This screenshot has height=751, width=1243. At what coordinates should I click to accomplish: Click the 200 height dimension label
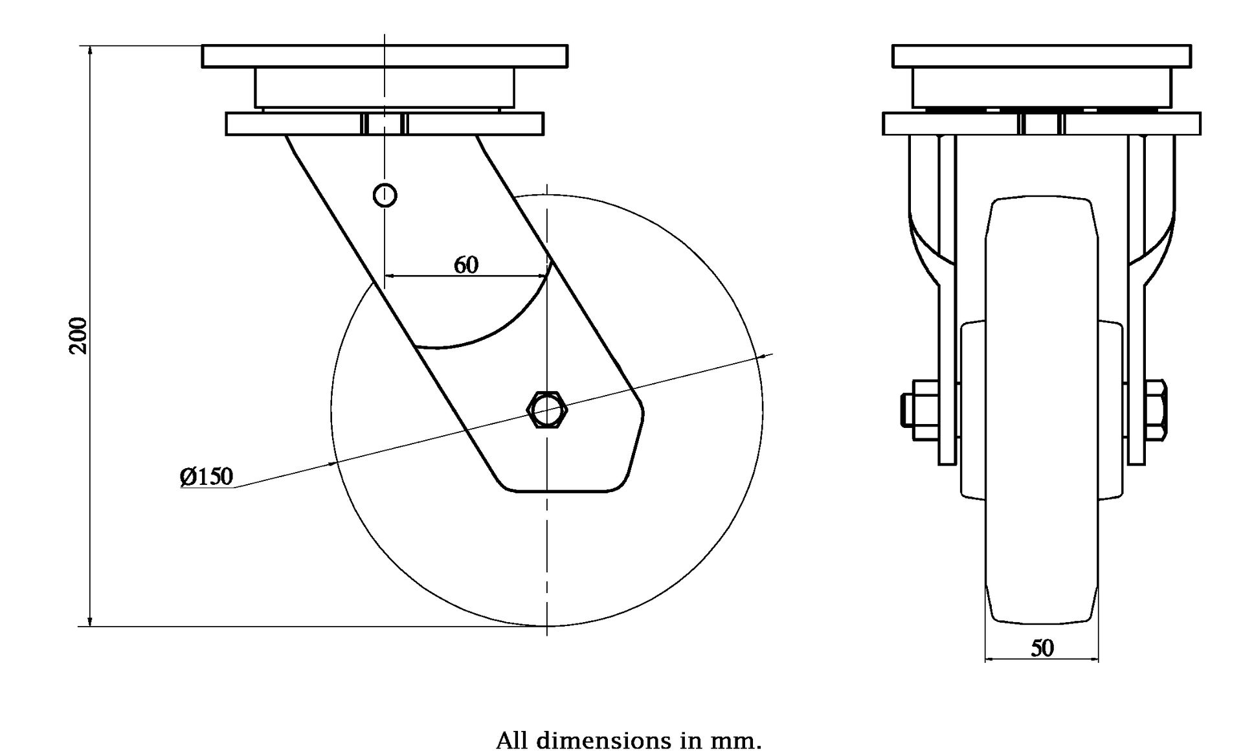[78, 335]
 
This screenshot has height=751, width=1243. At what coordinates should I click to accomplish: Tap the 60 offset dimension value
[466, 265]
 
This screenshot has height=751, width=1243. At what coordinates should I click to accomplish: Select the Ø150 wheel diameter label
[207, 477]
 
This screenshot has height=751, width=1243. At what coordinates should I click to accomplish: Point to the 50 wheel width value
[1042, 648]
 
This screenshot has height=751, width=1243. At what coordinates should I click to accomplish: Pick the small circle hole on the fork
[385, 195]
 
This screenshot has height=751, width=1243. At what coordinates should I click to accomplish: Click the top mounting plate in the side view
[385, 56]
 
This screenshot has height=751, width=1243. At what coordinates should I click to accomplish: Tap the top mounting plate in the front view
[1041, 56]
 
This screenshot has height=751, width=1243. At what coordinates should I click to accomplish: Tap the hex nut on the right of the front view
[1156, 410]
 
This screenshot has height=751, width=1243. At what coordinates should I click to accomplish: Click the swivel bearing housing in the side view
[385, 87]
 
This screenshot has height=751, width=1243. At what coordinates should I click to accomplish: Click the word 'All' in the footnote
[511, 740]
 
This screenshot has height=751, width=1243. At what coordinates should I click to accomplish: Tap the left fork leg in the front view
[947, 298]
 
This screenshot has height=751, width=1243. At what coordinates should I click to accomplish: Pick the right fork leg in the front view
[1137, 298]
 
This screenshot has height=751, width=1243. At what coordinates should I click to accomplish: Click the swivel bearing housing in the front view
[1041, 87]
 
